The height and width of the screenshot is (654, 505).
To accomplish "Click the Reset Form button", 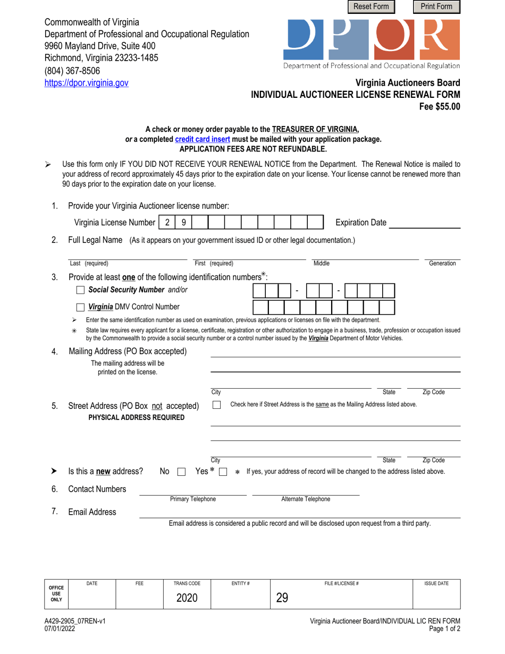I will point(372,7).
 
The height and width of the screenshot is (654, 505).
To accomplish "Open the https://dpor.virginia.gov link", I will point(86,82).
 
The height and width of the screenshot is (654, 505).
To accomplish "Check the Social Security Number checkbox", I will point(80,290).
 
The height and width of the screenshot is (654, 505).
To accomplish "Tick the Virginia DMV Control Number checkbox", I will point(80,307).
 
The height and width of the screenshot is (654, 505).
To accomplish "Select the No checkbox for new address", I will point(181,472).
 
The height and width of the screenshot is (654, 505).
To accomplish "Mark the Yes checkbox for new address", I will point(223,472).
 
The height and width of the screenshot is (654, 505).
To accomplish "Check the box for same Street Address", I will point(217,405).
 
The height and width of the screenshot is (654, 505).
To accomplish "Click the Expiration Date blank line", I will point(425,223).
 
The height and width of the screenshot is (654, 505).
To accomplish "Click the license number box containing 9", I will point(183,222).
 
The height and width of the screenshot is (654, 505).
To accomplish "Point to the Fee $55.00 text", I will point(440,106).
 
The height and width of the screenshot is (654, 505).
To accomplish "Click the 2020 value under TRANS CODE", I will point(187,598).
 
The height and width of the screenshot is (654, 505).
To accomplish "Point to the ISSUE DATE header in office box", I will point(436,583).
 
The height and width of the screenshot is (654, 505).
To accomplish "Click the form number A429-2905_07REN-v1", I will point(75,621).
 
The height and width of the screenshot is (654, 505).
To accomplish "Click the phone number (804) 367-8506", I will point(72,70).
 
